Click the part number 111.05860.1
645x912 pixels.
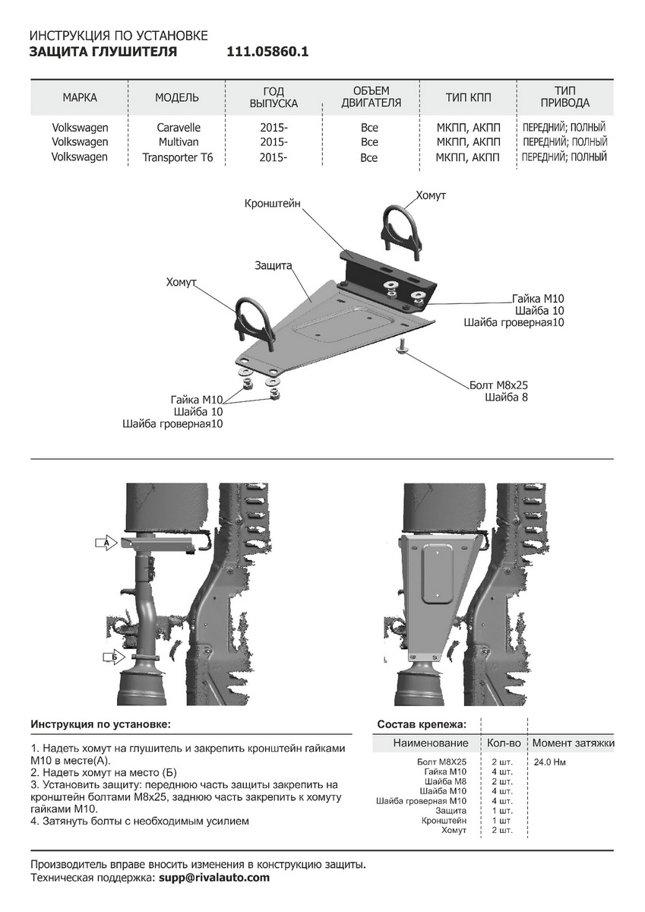(267, 52)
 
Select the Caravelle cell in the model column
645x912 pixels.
(179, 128)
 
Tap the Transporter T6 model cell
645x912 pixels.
(178, 158)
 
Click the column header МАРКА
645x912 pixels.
(80, 97)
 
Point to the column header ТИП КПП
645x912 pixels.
(468, 97)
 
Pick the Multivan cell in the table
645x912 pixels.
(179, 142)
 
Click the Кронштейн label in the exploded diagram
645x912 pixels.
(272, 204)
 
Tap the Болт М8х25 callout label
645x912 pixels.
(499, 385)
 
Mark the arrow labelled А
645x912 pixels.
(106, 542)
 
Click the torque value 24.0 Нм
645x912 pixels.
(549, 762)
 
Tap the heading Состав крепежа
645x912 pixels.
(422, 724)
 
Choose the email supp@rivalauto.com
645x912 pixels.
(213, 878)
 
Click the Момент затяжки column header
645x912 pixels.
(573, 743)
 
